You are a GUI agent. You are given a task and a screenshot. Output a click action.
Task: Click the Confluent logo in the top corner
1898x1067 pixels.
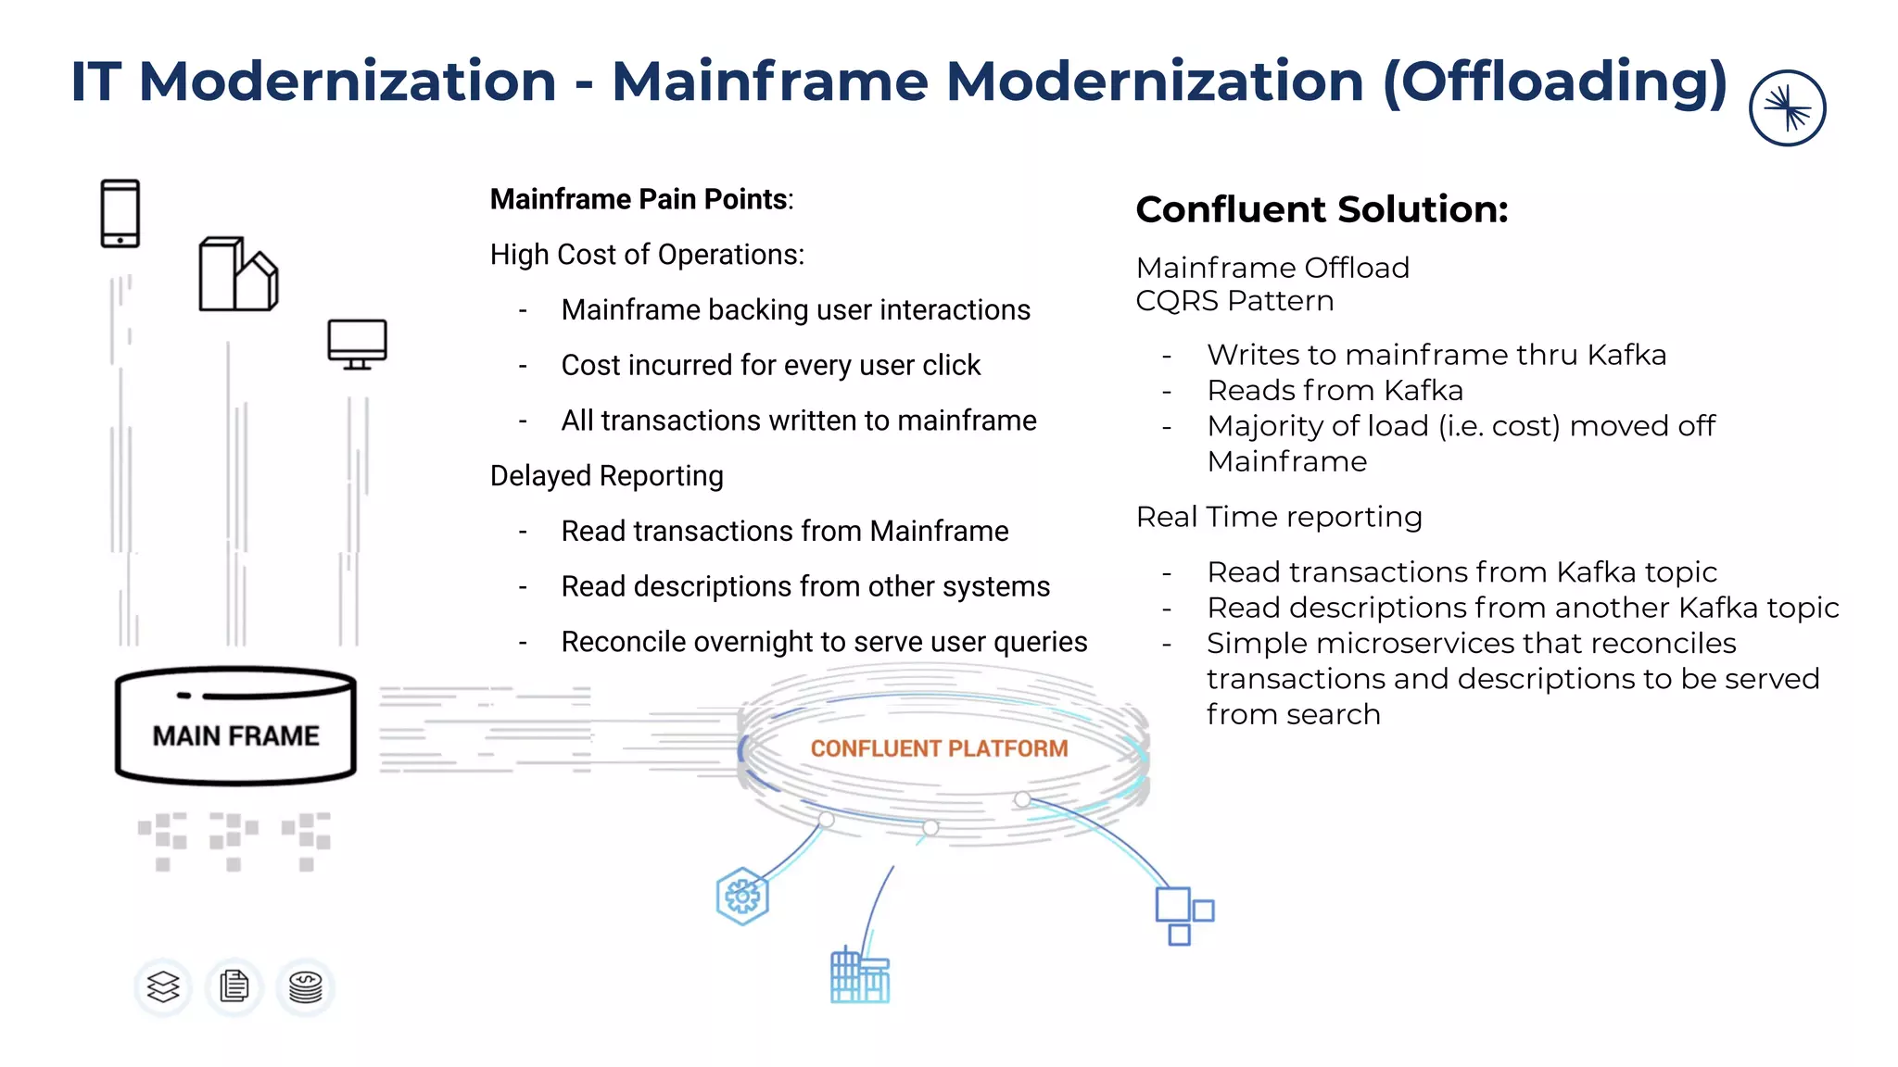click(x=1787, y=108)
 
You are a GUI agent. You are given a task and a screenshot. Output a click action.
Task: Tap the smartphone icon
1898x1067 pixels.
click(x=120, y=214)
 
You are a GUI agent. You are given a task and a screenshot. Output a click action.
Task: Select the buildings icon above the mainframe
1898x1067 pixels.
click(x=238, y=274)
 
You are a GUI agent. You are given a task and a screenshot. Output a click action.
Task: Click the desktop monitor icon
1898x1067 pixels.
click(x=357, y=344)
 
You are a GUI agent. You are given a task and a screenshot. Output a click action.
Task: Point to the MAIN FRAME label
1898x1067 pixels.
click(x=235, y=735)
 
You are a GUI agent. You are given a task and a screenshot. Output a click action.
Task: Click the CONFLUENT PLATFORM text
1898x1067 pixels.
click(x=939, y=748)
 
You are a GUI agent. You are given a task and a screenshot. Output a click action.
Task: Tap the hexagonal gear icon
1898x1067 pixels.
click(x=742, y=896)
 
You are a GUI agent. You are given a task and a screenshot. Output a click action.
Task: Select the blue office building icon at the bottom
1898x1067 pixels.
click(x=859, y=976)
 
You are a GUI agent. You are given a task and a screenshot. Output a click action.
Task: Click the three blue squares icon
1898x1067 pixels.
click(x=1183, y=915)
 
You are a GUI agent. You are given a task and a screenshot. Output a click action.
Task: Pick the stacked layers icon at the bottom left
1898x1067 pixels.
click(x=163, y=986)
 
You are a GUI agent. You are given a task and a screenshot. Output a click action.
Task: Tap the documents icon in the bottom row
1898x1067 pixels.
click(x=234, y=986)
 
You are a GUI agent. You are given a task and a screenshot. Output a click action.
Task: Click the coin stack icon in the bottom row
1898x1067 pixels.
click(x=306, y=986)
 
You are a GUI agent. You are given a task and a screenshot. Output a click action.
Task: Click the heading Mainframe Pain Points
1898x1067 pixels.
click(x=641, y=199)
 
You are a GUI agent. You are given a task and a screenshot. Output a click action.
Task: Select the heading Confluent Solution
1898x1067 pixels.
click(x=1322, y=209)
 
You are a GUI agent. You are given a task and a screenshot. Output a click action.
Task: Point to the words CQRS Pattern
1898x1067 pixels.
click(x=1234, y=301)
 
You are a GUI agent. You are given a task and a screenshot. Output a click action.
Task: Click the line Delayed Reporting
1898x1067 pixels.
click(x=606, y=476)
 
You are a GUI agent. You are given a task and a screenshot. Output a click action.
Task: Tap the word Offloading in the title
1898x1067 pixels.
click(x=1555, y=81)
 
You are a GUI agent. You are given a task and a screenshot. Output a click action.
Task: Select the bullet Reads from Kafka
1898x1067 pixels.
click(x=1335, y=390)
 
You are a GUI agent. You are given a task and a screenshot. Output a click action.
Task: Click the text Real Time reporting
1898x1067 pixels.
click(x=1279, y=517)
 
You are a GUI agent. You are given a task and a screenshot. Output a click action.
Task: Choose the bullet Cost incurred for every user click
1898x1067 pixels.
click(x=770, y=365)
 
